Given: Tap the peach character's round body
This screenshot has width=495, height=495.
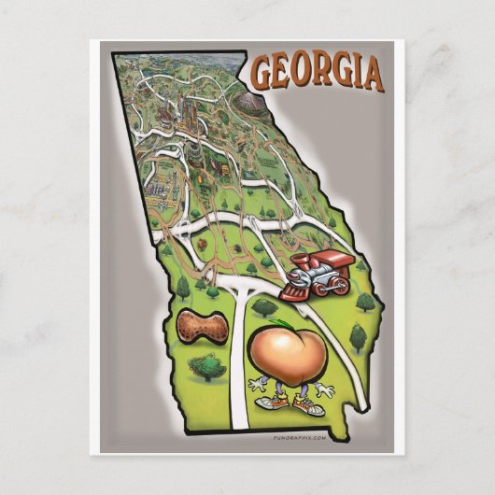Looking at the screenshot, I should [287, 351].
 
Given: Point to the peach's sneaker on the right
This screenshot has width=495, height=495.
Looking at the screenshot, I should [309, 406].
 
